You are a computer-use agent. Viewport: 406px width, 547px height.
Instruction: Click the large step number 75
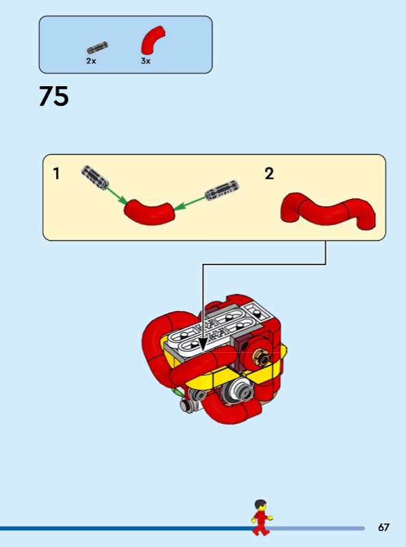pos(54,96)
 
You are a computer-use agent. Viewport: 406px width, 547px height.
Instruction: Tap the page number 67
pos(383,526)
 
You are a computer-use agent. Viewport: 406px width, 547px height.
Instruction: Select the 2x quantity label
pos(91,61)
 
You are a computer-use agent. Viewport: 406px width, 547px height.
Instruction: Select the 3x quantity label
pos(146,61)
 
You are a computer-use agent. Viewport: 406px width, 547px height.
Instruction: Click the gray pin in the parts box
pos(97,48)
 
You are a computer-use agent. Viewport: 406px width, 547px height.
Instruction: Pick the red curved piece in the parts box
pos(153,40)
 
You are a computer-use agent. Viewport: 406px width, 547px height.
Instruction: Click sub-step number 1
pos(56,174)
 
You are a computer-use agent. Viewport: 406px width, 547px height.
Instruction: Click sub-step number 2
pos(268,174)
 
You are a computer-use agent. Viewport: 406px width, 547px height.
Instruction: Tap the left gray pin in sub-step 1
pos(94,178)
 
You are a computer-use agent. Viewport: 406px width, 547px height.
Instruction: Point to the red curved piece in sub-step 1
pos(149,212)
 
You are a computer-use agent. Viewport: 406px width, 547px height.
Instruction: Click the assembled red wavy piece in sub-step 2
pos(328,210)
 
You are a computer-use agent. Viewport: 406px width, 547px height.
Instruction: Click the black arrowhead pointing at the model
pos(202,345)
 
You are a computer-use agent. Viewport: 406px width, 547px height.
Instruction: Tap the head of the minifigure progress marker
pos(260,505)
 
